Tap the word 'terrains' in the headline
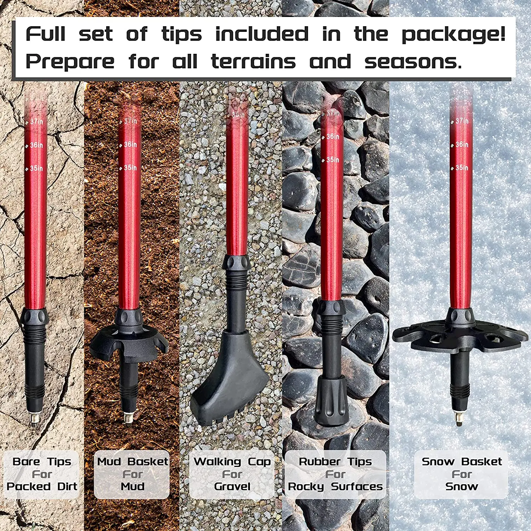(253, 62)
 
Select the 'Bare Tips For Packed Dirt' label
(42, 474)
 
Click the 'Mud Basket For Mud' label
(132, 474)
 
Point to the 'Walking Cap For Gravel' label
(232, 474)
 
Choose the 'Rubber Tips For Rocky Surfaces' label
(335, 474)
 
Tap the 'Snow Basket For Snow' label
(462, 474)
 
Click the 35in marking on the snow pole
(462, 168)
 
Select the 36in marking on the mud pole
(130, 144)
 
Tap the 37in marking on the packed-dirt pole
(36, 122)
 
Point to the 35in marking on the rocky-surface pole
(332, 160)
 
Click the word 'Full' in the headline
(45, 35)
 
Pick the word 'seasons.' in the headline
(413, 62)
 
